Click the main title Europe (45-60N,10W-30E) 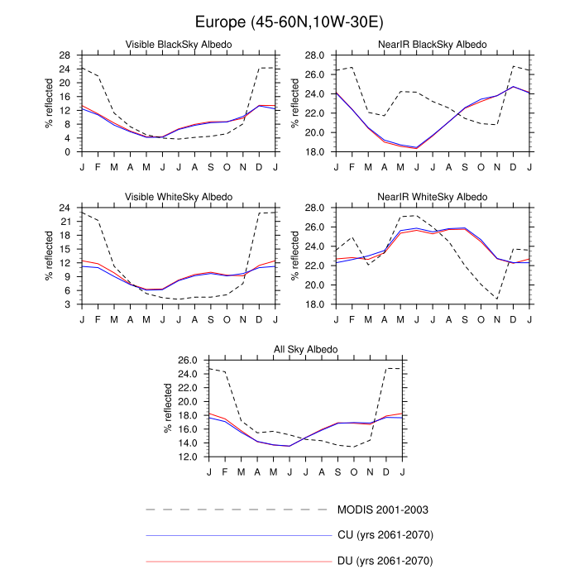(289, 21)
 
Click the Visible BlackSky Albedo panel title (178, 44)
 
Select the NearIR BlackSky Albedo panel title (433, 44)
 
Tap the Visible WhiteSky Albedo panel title (178, 197)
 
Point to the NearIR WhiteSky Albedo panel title (433, 197)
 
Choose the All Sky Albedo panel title (305, 350)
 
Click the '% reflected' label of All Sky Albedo (167, 409)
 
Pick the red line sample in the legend (237, 562)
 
